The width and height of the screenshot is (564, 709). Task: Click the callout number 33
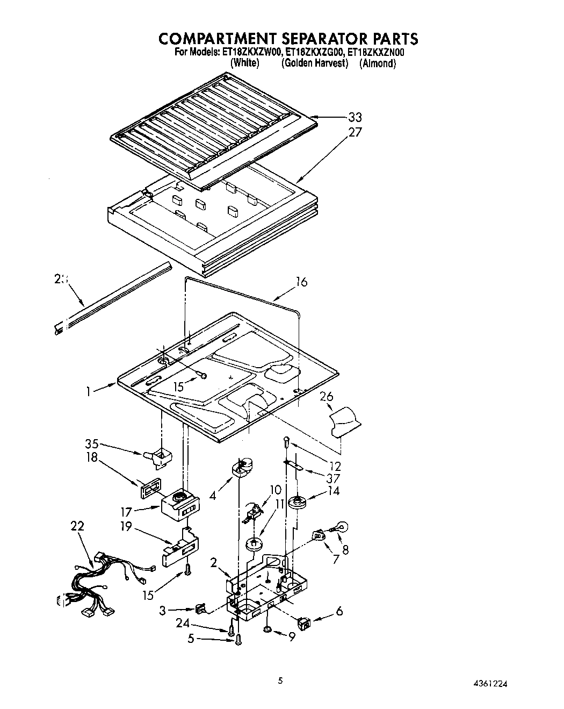[x=355, y=117]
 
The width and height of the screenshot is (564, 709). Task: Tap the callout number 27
[x=355, y=132]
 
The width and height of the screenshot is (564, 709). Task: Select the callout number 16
[x=302, y=282]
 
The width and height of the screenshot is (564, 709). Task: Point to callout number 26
[x=327, y=396]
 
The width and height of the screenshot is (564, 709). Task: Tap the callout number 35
[x=92, y=444]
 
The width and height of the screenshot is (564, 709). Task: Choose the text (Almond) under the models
[x=378, y=63]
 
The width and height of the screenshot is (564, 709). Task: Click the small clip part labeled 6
[x=305, y=624]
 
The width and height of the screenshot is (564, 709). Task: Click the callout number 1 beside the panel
[x=89, y=392]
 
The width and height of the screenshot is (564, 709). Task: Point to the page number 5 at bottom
[x=280, y=680]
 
